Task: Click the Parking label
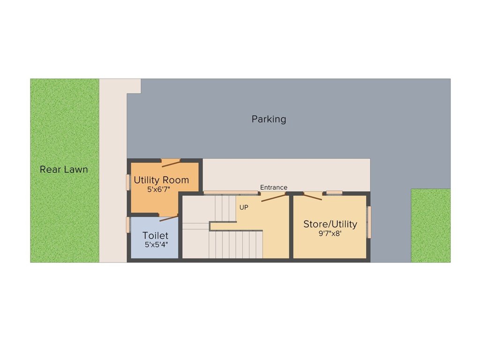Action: [x=269, y=119]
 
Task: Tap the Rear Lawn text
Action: [x=64, y=169]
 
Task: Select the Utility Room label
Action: [x=161, y=180]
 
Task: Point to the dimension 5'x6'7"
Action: [x=158, y=190]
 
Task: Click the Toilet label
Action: [x=155, y=235]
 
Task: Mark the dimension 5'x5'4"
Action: [x=155, y=244]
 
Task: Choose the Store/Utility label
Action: [x=330, y=224]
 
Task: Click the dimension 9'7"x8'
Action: [x=330, y=233]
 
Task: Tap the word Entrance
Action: [x=274, y=187]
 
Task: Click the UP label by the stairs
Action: [x=244, y=207]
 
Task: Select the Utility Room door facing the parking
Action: [x=171, y=163]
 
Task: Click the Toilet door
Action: [x=168, y=217]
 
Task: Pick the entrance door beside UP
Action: [x=273, y=197]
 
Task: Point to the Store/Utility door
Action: [x=313, y=196]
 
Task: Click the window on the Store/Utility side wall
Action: [x=368, y=222]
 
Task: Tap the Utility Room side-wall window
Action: [x=128, y=182]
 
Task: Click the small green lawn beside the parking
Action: [x=430, y=225]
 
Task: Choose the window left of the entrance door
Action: [x=231, y=193]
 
